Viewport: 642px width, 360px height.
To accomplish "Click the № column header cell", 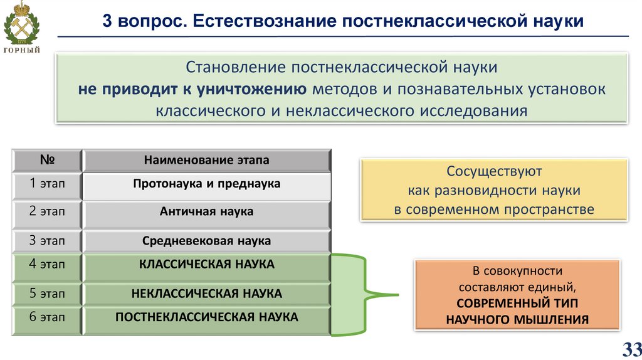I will [x=46, y=160].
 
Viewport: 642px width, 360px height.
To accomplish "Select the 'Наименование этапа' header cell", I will [x=206, y=160].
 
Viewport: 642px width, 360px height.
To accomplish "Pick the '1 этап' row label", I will [x=46, y=184].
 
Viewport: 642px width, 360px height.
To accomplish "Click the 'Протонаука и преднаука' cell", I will [x=206, y=184].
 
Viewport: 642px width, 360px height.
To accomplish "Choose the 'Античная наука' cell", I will [x=206, y=212].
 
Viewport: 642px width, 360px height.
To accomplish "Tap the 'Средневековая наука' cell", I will [x=206, y=241].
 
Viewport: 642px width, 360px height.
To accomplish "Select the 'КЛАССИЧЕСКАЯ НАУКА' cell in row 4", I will [x=206, y=265].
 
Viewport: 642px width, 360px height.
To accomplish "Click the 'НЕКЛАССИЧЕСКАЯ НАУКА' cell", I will [x=206, y=294].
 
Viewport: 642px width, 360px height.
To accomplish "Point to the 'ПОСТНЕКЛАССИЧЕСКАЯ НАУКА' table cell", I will [x=206, y=317].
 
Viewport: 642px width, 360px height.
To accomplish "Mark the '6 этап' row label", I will [x=46, y=317].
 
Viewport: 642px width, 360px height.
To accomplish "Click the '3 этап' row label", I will [x=46, y=241].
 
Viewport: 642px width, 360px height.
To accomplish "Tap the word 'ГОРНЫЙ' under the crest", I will [x=23, y=50].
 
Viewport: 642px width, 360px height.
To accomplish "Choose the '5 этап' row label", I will [x=46, y=294].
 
